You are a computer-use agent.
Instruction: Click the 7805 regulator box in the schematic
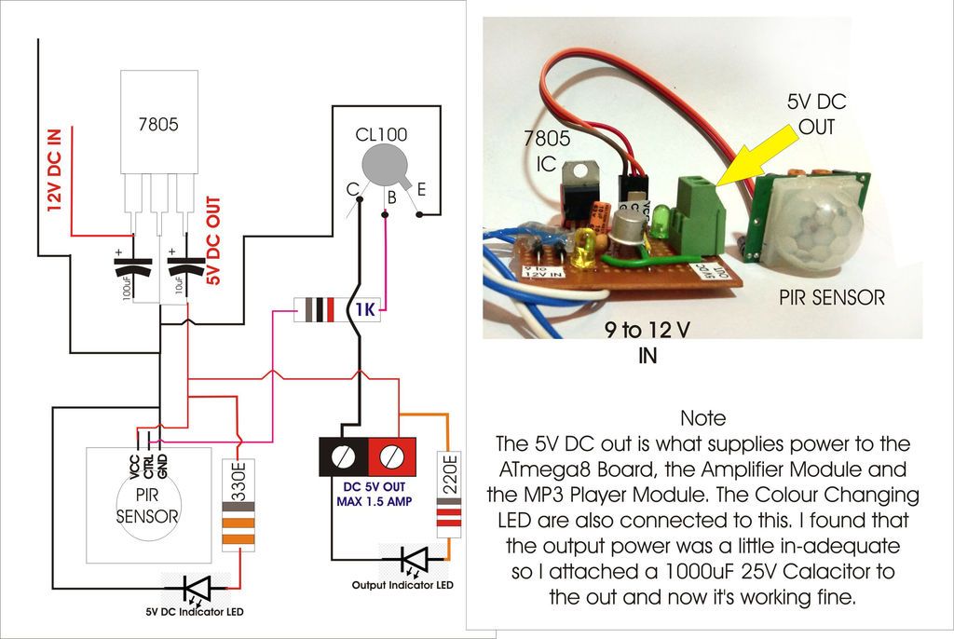point(158,121)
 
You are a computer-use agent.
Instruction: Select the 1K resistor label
point(364,311)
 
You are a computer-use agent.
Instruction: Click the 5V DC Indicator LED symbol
point(197,588)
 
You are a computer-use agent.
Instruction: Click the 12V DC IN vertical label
point(55,169)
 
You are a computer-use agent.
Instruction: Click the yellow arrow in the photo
point(756,156)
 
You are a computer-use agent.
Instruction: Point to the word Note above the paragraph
point(702,417)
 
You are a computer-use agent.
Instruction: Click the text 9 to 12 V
point(649,330)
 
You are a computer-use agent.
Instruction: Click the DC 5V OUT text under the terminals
point(367,486)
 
